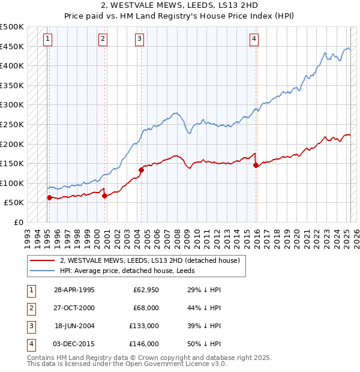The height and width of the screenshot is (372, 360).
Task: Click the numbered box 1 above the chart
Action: (x=47, y=39)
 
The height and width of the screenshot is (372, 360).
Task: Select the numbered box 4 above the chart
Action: (x=254, y=39)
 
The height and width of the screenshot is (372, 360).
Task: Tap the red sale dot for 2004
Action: (x=142, y=170)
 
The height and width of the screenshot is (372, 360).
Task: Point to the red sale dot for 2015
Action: (x=256, y=165)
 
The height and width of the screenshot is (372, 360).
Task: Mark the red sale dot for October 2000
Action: (x=104, y=196)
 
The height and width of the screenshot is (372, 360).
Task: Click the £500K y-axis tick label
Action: (x=12, y=27)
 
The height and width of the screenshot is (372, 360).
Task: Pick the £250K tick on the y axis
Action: (x=12, y=124)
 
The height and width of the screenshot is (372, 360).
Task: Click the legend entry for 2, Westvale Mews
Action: (x=150, y=260)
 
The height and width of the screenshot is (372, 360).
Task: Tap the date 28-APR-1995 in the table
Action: (x=74, y=290)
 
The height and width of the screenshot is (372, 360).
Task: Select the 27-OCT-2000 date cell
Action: (x=74, y=308)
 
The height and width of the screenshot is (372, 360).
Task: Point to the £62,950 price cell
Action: (x=146, y=290)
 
